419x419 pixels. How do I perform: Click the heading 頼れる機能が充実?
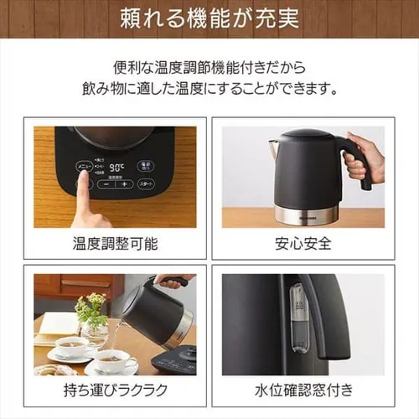209,18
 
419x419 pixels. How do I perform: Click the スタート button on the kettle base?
146,184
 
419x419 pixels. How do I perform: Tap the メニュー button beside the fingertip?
85,167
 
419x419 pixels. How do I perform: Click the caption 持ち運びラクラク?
115,390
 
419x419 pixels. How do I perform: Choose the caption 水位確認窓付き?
303,390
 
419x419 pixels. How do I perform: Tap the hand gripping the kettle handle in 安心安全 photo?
361,159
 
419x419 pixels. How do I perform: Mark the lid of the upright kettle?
306,137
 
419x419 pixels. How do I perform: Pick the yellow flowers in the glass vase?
91,306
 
